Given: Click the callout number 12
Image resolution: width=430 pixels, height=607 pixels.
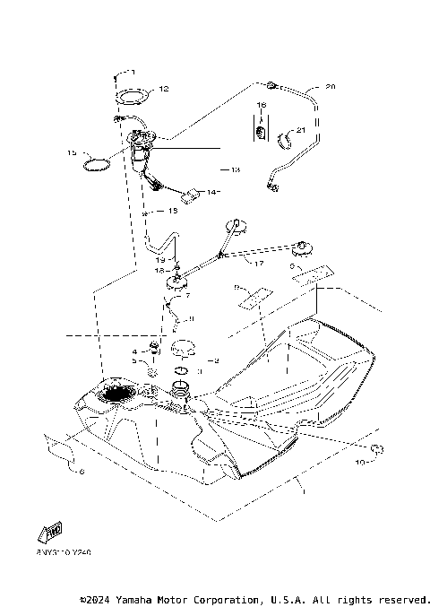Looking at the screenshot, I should (163, 89).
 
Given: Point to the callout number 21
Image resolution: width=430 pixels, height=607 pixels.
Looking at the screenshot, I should (301, 132).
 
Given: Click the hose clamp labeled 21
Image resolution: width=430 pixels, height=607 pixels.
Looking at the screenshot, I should (289, 139).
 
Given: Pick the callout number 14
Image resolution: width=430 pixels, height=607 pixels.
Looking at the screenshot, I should (213, 192).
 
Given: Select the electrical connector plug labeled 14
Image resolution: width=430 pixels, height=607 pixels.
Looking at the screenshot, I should (192, 195).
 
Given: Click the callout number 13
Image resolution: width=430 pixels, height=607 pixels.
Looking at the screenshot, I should (236, 169).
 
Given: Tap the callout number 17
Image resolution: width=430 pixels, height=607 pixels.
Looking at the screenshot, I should (259, 264).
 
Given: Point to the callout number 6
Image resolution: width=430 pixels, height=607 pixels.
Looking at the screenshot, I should (82, 471).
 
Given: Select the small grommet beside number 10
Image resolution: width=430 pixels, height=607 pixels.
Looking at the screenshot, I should (377, 447).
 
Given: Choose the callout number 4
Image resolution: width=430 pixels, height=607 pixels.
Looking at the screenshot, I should (135, 351).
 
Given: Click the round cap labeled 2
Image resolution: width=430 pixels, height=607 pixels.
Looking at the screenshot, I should (185, 347).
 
